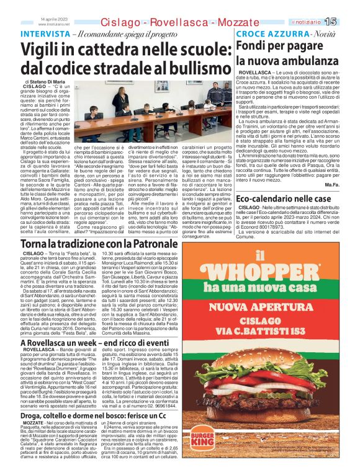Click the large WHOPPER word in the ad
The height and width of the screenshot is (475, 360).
pyautogui.click(x=269, y=273)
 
